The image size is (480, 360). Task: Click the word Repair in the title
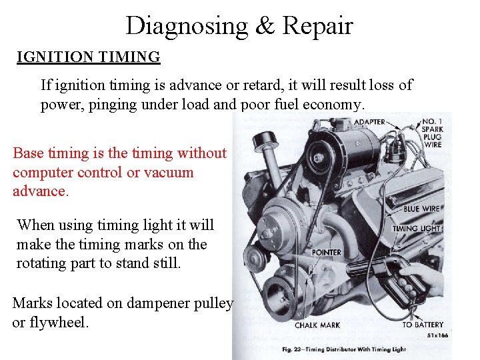click(x=317, y=26)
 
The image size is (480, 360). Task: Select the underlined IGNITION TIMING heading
click(x=89, y=57)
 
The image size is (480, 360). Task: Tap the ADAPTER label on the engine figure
click(x=369, y=122)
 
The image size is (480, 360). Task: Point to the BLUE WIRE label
click(x=421, y=209)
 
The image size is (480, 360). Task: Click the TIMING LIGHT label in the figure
click(x=416, y=229)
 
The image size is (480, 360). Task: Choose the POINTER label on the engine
click(x=327, y=253)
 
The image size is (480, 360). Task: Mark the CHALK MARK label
click(x=317, y=325)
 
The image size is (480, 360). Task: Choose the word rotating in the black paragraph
click(x=42, y=263)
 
